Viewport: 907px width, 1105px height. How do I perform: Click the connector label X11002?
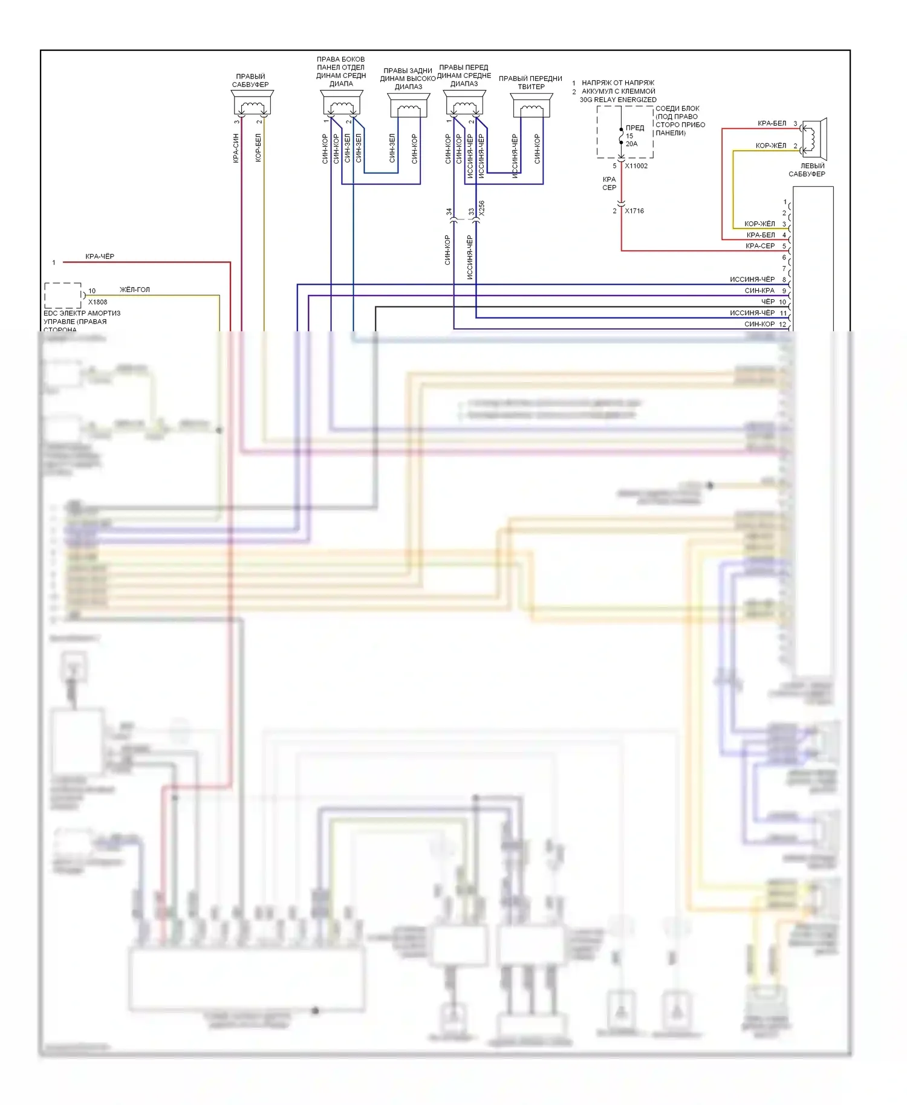pyautogui.click(x=636, y=166)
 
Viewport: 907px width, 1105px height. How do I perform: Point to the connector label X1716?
pyautogui.click(x=634, y=211)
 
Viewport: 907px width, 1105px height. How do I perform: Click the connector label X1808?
pyautogui.click(x=97, y=302)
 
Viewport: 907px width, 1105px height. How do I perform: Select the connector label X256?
pyautogui.click(x=481, y=209)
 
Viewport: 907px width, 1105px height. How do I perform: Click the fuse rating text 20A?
pyautogui.click(x=631, y=144)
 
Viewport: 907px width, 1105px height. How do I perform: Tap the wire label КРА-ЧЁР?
pyautogui.click(x=100, y=256)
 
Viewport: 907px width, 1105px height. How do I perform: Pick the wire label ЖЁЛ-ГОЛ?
pyautogui.click(x=134, y=290)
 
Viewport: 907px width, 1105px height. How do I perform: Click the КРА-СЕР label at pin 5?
pyautogui.click(x=760, y=246)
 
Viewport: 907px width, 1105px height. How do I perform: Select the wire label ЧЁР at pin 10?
pyautogui.click(x=768, y=302)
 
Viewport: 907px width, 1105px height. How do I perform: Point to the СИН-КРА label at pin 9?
pyautogui.click(x=759, y=291)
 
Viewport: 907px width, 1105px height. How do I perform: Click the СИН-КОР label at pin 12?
pyautogui.click(x=759, y=324)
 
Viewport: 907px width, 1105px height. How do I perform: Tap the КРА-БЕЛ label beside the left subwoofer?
pyautogui.click(x=772, y=123)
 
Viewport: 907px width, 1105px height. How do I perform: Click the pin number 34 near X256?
pyautogui.click(x=449, y=212)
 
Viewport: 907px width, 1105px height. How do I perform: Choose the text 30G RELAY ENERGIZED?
pyautogui.click(x=618, y=100)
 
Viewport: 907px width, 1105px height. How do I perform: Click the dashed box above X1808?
pyautogui.click(x=63, y=295)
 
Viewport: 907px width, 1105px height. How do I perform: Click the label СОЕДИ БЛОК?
pyautogui.click(x=677, y=109)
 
